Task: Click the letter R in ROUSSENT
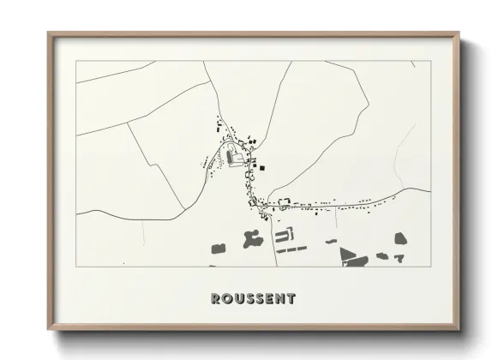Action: click(x=215, y=298)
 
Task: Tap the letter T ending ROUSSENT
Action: click(x=291, y=298)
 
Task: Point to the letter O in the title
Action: click(x=226, y=298)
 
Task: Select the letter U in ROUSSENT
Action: click(x=237, y=298)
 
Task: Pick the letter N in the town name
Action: click(x=280, y=298)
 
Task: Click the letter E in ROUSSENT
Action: click(x=269, y=298)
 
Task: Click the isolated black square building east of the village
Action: click(x=263, y=167)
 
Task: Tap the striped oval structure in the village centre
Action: click(x=231, y=157)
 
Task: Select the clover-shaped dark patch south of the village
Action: click(x=254, y=239)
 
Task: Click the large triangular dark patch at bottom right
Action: click(x=350, y=255)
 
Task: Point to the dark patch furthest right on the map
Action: click(x=400, y=238)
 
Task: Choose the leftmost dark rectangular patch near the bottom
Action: click(x=218, y=248)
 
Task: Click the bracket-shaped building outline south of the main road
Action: click(x=285, y=232)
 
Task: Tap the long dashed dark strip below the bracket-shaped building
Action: click(x=291, y=249)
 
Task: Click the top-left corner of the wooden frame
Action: click(x=48, y=33)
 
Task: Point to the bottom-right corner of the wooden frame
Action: click(x=459, y=331)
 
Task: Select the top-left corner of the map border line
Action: click(x=76, y=61)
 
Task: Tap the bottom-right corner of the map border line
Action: click(x=430, y=267)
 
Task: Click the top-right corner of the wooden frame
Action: click(x=459, y=33)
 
